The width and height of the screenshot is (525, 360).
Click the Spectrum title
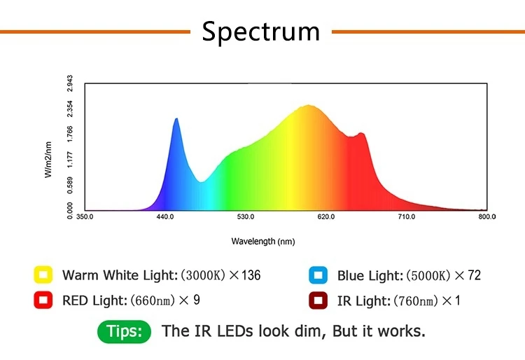(261, 32)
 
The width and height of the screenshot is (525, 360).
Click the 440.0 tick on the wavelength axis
(165, 217)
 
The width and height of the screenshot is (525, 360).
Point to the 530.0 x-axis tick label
(246, 217)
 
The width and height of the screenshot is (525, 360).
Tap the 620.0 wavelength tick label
(326, 217)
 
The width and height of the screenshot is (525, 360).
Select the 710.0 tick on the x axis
(407, 217)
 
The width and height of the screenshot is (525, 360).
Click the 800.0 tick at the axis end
(486, 217)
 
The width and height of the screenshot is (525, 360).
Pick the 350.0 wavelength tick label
(85, 217)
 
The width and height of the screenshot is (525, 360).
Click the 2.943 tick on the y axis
(70, 83)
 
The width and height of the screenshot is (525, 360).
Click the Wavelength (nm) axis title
(263, 241)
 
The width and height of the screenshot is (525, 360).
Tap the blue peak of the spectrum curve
(176, 120)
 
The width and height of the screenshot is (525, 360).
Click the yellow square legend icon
(43, 275)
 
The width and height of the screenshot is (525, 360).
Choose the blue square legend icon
(318, 275)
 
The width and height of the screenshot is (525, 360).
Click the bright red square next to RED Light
(43, 300)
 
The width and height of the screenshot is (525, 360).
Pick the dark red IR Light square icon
(318, 300)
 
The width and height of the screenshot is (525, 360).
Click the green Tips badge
(124, 331)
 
